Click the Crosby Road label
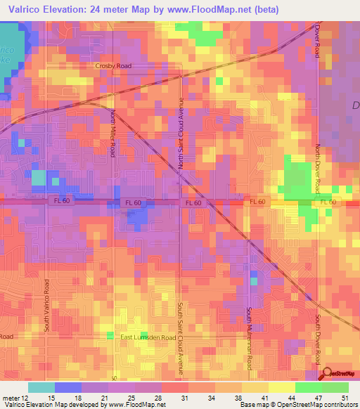pos(113,65)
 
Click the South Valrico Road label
pos(47,306)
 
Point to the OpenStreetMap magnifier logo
pos(326,375)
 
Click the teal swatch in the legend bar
pos(41,387)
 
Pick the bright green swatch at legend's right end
pos(335,387)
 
